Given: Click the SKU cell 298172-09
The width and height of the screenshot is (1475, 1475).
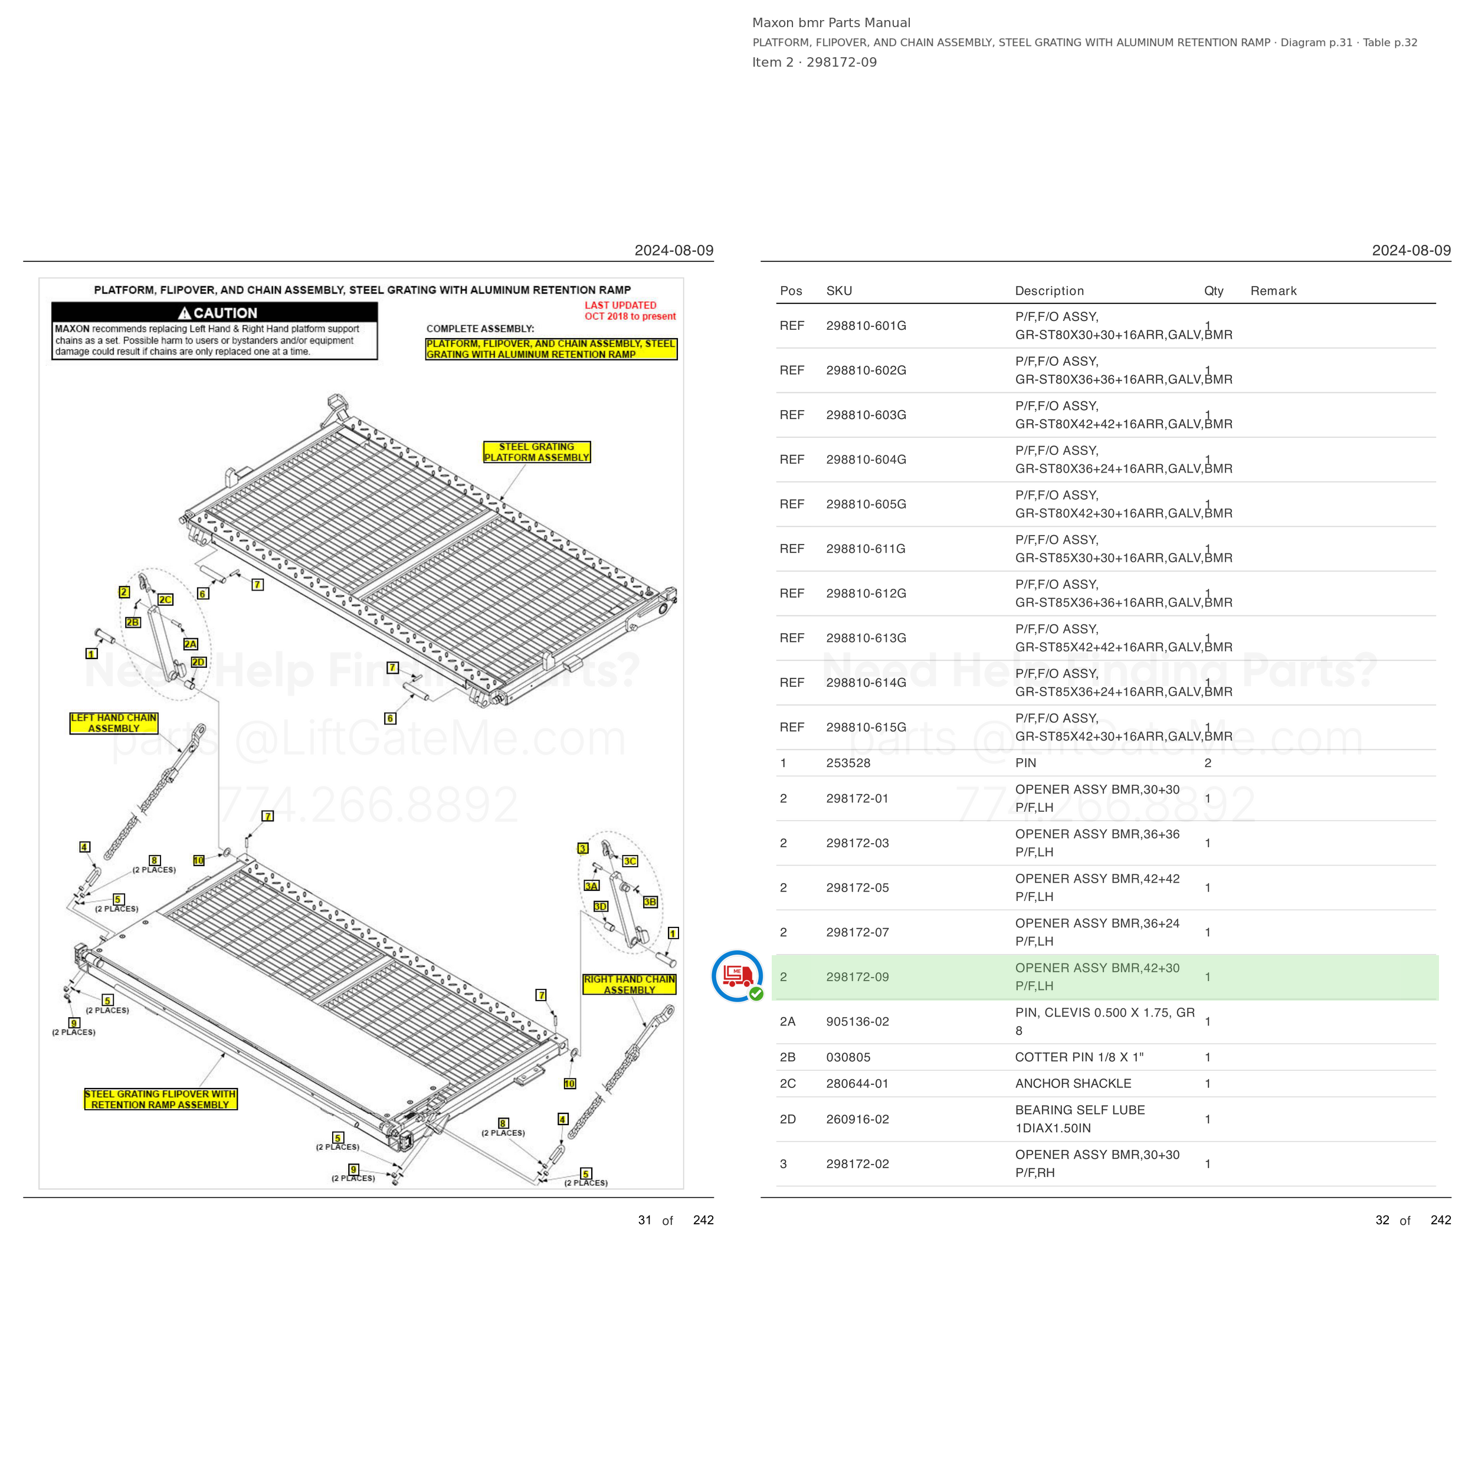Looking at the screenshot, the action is pos(857,977).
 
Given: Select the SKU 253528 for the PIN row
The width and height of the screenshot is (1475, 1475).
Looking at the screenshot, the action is pos(848,763).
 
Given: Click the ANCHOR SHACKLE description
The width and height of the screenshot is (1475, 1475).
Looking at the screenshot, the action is pos(1073,1083).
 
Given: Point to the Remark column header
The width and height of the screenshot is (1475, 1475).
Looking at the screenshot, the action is pos(1273,291).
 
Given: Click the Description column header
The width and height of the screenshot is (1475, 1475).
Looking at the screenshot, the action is pos(1050,291).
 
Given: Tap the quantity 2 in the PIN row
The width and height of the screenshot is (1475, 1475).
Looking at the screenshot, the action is pos(1208,763).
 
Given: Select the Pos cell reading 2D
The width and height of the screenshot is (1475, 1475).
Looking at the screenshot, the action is pos(788,1119).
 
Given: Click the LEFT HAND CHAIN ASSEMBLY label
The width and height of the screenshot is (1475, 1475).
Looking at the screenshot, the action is pos(114,723).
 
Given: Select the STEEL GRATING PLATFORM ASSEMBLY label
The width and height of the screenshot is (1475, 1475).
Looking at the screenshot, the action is pos(537,452).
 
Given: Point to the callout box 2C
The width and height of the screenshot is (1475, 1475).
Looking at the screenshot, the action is pos(166,599).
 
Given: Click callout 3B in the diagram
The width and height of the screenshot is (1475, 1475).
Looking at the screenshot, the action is pos(650,902).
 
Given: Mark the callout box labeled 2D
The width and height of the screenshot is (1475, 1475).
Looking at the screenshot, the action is pos(198,662).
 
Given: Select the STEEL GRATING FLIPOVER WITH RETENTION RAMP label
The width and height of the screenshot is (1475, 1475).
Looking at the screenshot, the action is pos(160,1099).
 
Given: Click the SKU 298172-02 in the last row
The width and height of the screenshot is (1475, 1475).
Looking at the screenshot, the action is pos(857,1164).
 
